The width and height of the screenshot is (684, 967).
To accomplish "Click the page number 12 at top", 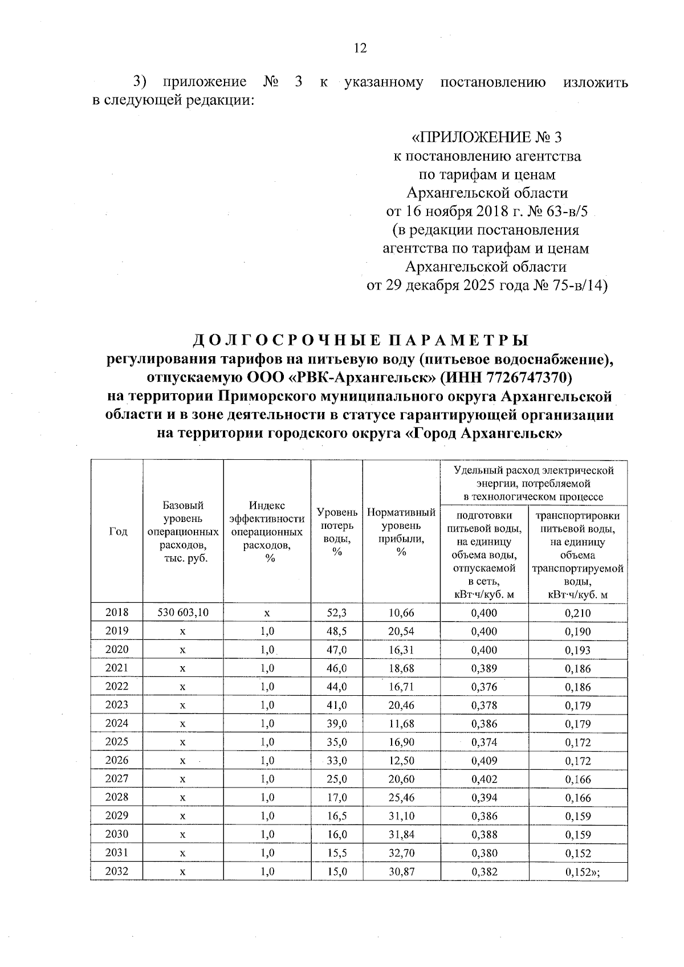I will [360, 48].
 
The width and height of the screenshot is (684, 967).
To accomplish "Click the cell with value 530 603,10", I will [183, 613].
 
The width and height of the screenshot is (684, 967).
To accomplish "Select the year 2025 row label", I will [117, 741].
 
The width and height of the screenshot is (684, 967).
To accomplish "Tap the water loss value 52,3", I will [336, 613].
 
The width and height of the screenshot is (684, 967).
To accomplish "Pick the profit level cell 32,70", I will [401, 853].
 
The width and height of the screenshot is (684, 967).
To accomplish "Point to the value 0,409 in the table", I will [484, 760].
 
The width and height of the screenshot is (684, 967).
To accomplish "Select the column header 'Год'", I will [117, 531].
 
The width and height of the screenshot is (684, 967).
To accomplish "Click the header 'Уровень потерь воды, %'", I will [337, 531].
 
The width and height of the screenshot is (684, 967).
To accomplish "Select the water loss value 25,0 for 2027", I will [336, 779].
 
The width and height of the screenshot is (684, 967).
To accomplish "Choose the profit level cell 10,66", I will [401, 613].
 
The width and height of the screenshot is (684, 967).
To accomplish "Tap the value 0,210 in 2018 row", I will [577, 613].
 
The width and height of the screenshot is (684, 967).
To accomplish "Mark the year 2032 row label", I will [117, 871].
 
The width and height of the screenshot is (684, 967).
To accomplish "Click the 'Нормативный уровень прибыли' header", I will [401, 531].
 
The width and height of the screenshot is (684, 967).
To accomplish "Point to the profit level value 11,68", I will [401, 724].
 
